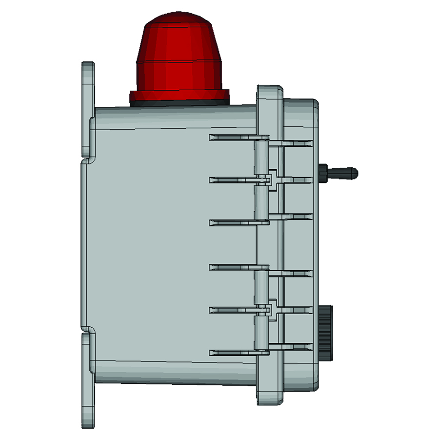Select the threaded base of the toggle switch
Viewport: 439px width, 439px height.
click(x=323, y=172)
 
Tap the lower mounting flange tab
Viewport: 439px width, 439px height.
click(x=88, y=380)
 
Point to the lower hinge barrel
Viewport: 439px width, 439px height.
click(x=261, y=312)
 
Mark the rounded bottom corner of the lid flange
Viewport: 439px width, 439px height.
click(x=276, y=401)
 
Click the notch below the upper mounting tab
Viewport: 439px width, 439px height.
click(x=86, y=160)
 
